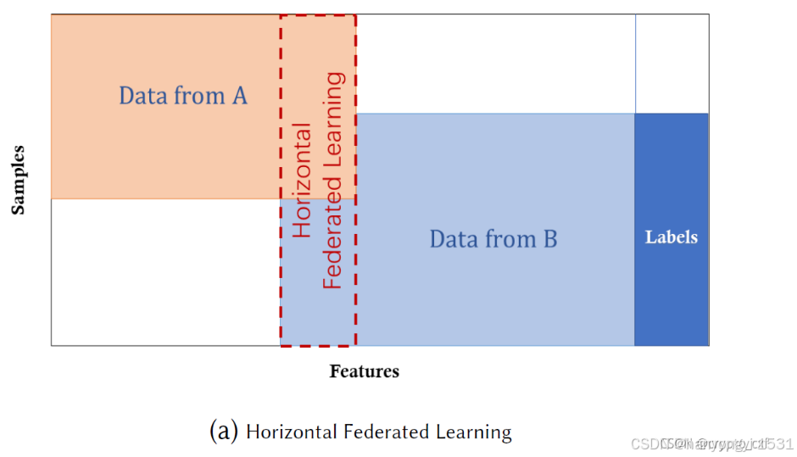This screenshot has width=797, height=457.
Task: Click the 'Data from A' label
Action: [182, 96]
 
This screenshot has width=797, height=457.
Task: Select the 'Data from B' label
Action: [493, 239]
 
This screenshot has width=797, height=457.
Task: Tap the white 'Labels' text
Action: [672, 237]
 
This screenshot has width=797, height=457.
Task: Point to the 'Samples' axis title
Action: [18, 180]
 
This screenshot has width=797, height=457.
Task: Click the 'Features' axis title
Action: [364, 371]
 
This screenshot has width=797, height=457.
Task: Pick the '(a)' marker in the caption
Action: [223, 432]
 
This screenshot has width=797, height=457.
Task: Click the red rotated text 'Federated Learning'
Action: [334, 181]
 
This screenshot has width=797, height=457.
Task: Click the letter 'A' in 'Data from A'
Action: [239, 96]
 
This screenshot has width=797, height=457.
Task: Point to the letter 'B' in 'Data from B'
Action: [549, 239]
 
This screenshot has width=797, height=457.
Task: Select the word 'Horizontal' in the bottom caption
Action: [291, 432]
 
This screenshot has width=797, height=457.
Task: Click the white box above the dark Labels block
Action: [672, 64]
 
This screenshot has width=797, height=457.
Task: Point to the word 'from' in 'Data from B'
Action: [505, 239]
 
